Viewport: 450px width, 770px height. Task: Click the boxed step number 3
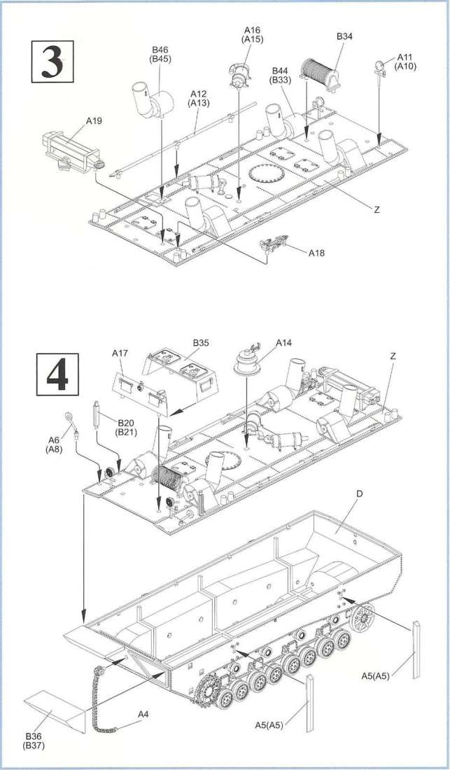[52, 62]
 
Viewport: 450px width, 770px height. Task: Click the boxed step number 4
[57, 374]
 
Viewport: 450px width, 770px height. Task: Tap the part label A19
[94, 121]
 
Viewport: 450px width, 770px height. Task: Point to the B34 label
[344, 36]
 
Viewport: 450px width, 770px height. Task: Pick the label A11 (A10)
[406, 62]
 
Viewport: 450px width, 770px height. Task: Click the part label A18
[316, 253]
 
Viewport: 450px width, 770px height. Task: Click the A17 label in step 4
[120, 353]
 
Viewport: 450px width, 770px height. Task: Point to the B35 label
[200, 343]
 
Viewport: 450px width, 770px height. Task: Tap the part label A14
[283, 343]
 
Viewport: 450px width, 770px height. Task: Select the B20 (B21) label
[126, 427]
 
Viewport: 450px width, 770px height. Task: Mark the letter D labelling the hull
[359, 494]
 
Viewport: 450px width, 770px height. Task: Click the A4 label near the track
[142, 714]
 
